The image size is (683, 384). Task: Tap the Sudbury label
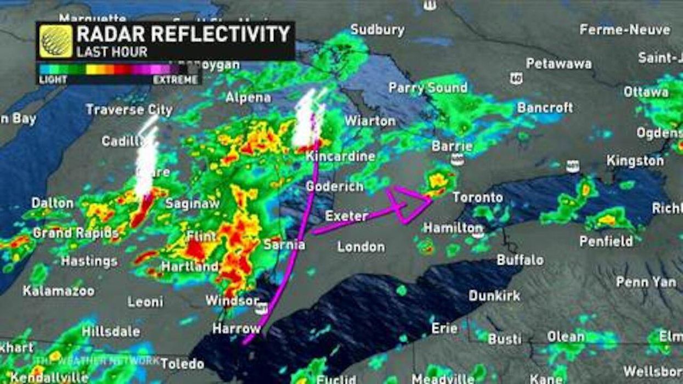click(377, 30)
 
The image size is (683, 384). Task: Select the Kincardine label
click(340, 156)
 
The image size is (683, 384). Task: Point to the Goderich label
click(335, 187)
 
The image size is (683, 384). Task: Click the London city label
click(361, 247)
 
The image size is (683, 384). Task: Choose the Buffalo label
click(520, 259)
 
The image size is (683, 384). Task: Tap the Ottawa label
click(646, 92)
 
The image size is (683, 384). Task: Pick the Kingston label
click(635, 161)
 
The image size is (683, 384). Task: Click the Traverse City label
click(129, 110)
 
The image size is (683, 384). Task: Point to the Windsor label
click(232, 301)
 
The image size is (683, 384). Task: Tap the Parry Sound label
click(428, 88)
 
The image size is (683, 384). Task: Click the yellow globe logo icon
click(55, 41)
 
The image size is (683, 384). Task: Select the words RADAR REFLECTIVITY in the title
click(183, 34)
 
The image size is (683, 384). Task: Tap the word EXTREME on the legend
click(175, 80)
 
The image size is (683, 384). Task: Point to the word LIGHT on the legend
click(53, 80)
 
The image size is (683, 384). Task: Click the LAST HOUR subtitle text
click(112, 52)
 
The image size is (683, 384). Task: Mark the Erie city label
click(444, 328)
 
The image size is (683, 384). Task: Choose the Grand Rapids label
click(76, 233)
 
